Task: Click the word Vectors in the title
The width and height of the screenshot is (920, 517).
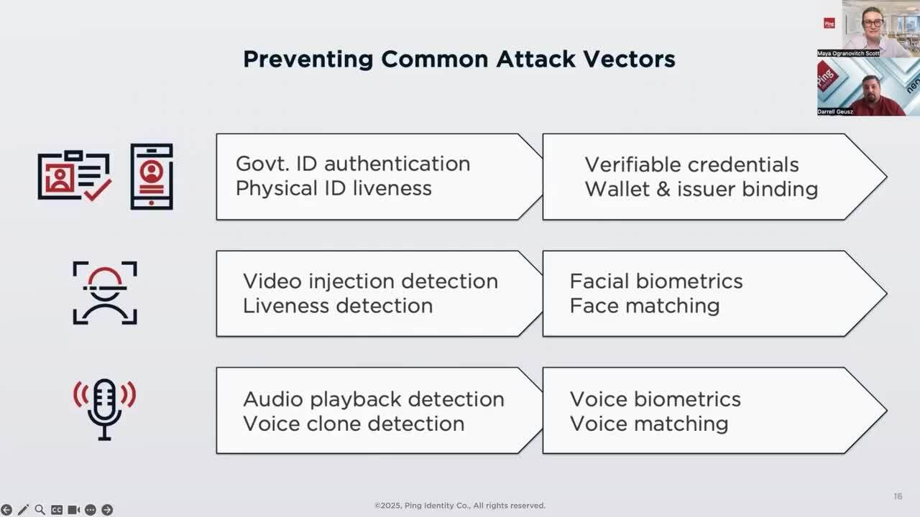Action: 629,59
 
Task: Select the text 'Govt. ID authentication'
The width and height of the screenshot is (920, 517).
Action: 353,164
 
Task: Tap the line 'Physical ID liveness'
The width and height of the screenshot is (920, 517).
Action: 333,188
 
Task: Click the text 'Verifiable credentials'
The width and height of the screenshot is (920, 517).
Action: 691,164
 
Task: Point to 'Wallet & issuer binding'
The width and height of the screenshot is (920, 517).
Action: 701,189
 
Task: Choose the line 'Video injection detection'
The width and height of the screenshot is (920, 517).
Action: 370,281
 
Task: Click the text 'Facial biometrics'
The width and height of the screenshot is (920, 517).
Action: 656,281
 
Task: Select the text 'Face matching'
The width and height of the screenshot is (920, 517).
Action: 645,306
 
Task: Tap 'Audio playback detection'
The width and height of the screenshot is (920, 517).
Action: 374,399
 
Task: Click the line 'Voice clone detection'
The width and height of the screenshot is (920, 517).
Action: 354,424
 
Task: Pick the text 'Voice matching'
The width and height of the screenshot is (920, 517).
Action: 649,424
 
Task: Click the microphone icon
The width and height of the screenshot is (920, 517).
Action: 105,409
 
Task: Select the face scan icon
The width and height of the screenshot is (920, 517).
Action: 105,292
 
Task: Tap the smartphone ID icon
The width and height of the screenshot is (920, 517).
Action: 152,177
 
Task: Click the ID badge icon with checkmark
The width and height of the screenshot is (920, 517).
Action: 74,176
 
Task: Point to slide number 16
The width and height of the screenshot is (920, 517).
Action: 898,496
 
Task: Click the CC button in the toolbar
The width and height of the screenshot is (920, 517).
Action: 57,510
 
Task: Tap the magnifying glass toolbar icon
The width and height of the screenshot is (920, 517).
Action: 40,510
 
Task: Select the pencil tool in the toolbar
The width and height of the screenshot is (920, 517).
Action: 23,510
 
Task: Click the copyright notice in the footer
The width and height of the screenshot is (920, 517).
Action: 459,506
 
